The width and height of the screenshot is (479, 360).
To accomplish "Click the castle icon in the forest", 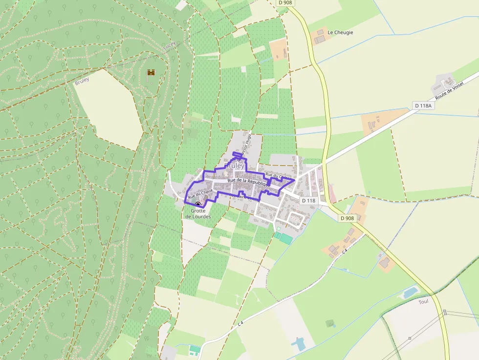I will (151, 73).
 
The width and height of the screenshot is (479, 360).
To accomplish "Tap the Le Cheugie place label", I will (340, 32).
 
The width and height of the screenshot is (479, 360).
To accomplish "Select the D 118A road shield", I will (423, 105).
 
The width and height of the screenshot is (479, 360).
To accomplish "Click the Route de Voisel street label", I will (449, 90).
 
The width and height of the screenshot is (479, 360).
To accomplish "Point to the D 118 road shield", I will (308, 200).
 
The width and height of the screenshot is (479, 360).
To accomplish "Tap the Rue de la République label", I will (248, 181).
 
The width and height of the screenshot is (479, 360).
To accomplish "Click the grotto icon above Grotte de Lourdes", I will (198, 205).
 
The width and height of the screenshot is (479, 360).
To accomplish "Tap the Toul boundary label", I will (423, 301).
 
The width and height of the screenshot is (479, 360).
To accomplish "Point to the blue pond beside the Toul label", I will (410, 293).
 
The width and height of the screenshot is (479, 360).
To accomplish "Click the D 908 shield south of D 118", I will (347, 218).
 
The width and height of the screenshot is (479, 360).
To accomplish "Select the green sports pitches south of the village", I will (283, 237).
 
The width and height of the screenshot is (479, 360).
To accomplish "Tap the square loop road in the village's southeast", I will (295, 219).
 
